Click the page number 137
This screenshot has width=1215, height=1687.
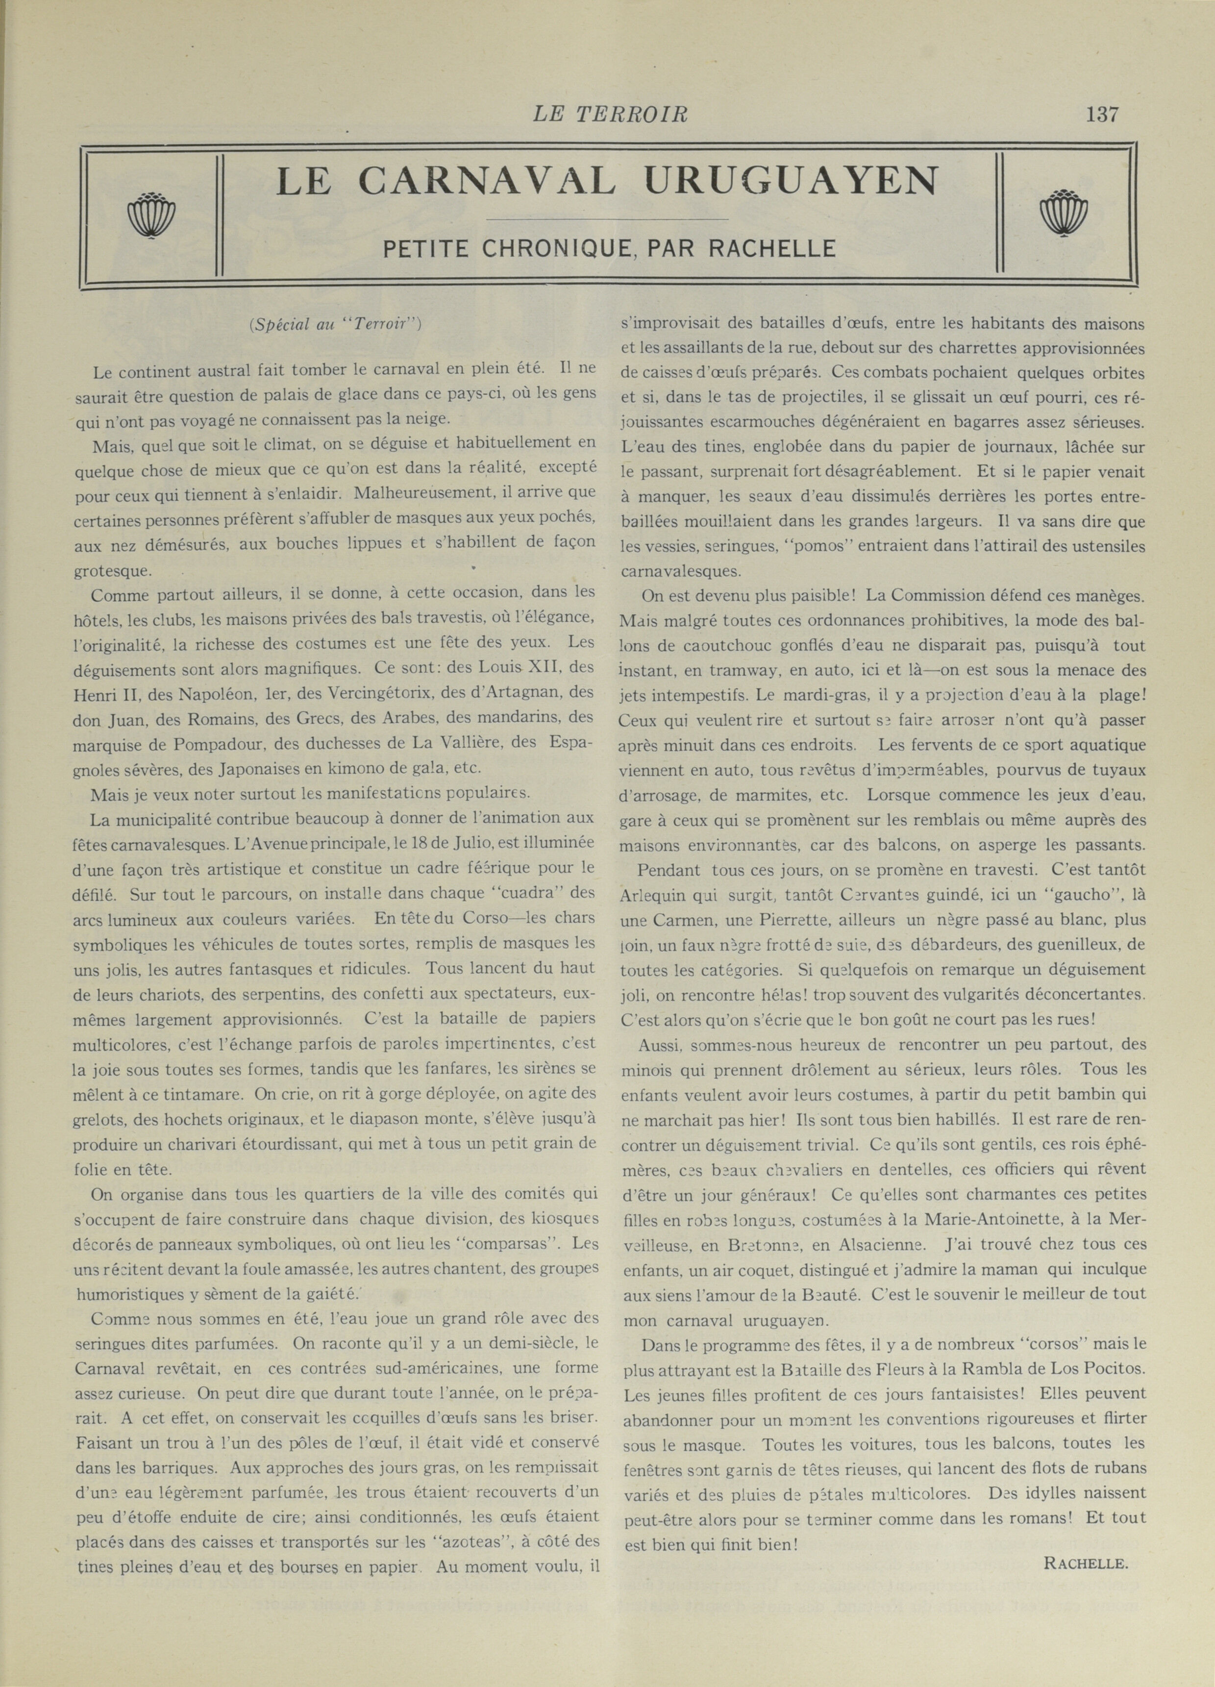click(x=1102, y=115)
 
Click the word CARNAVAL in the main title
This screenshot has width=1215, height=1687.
click(x=487, y=181)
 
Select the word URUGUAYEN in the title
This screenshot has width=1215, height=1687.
click(x=792, y=181)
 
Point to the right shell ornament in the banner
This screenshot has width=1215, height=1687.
click(x=1063, y=214)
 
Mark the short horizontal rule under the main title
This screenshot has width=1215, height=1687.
click(x=606, y=220)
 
